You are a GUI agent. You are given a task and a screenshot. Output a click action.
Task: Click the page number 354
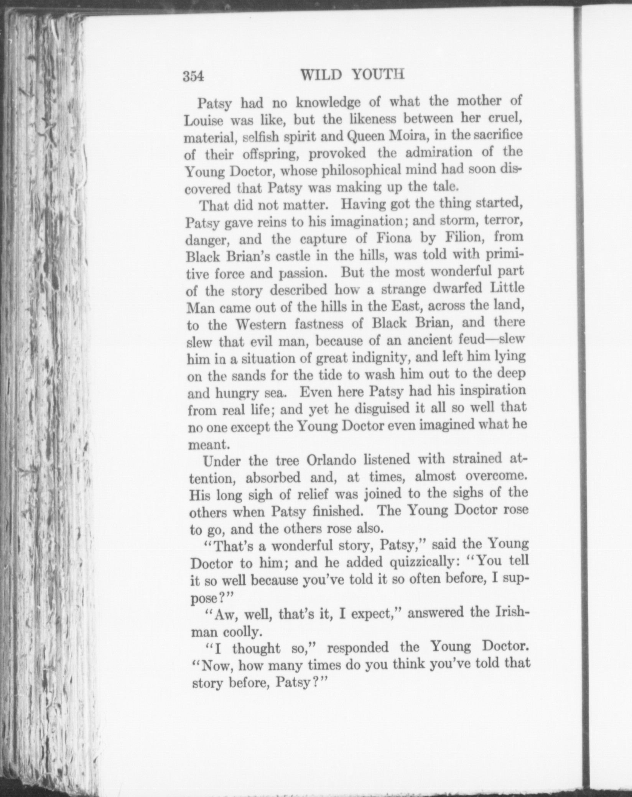point(193,76)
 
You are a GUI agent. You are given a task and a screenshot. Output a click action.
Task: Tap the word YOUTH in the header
point(379,74)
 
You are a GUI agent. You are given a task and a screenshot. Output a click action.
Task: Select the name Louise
point(203,121)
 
